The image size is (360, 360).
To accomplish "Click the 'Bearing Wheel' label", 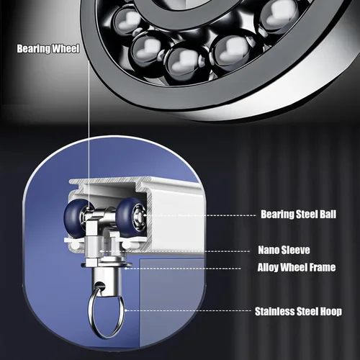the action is pyautogui.click(x=48, y=49).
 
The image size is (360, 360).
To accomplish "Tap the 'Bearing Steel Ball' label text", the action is pyautogui.click(x=298, y=215).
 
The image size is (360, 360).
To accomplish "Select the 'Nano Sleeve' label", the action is pyautogui.click(x=284, y=250).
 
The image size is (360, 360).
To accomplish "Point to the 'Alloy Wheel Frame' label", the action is pyautogui.click(x=297, y=267).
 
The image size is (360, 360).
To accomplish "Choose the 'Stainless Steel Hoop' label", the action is pyautogui.click(x=298, y=312).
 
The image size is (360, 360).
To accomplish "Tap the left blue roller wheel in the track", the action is pyautogui.click(x=74, y=217).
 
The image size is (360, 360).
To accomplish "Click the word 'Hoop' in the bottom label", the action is pyautogui.click(x=331, y=312).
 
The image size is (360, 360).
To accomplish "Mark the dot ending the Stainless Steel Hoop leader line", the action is pyautogui.click(x=126, y=310).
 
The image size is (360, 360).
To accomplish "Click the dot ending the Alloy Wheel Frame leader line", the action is pyautogui.click(x=126, y=269).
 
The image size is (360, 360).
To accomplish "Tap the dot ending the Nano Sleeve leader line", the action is pyautogui.click(x=101, y=251).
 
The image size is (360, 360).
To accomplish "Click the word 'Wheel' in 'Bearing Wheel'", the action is pyautogui.click(x=66, y=49).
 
